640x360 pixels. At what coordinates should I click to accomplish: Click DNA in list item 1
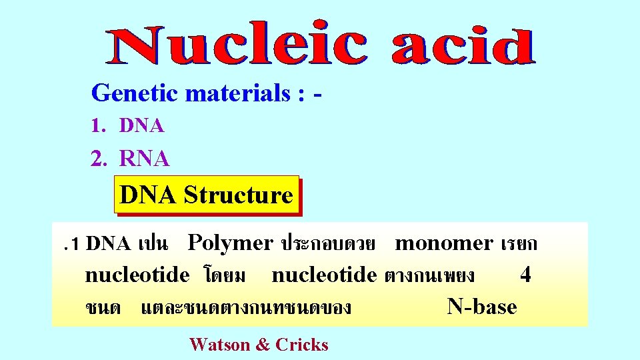142,125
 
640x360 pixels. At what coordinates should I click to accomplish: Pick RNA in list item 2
145,159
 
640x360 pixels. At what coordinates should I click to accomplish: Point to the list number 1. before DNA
99,125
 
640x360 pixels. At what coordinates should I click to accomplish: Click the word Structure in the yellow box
238,195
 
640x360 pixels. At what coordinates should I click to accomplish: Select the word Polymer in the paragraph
231,243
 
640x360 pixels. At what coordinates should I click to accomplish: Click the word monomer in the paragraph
444,243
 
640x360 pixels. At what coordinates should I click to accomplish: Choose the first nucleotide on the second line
137,275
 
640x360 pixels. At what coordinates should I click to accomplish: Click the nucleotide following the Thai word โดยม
325,275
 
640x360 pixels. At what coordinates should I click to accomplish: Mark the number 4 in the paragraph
525,275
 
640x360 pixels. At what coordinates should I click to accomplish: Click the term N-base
481,307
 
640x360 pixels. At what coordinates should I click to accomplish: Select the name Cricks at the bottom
302,345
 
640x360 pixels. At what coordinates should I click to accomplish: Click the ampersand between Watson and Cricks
263,345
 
